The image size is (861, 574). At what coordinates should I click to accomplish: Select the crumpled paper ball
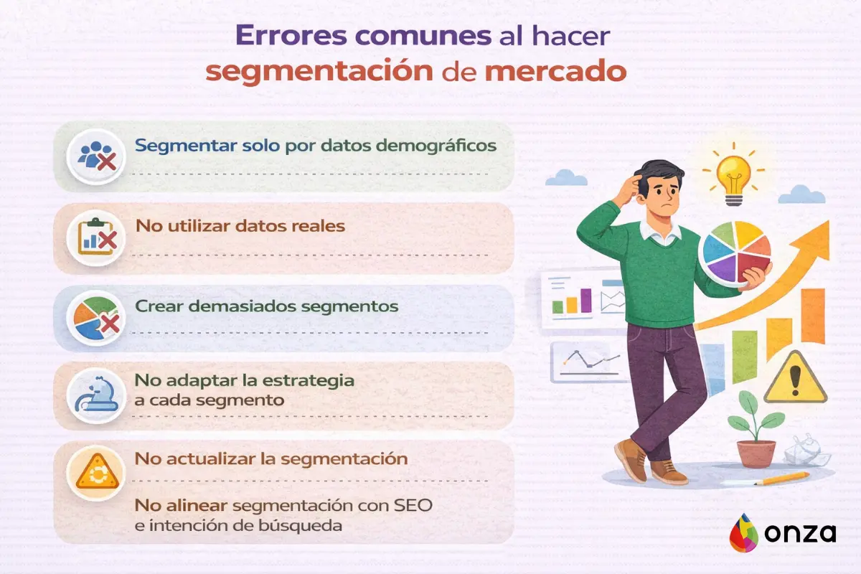point(806,450)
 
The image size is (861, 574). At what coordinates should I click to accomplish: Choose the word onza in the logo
point(802,534)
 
